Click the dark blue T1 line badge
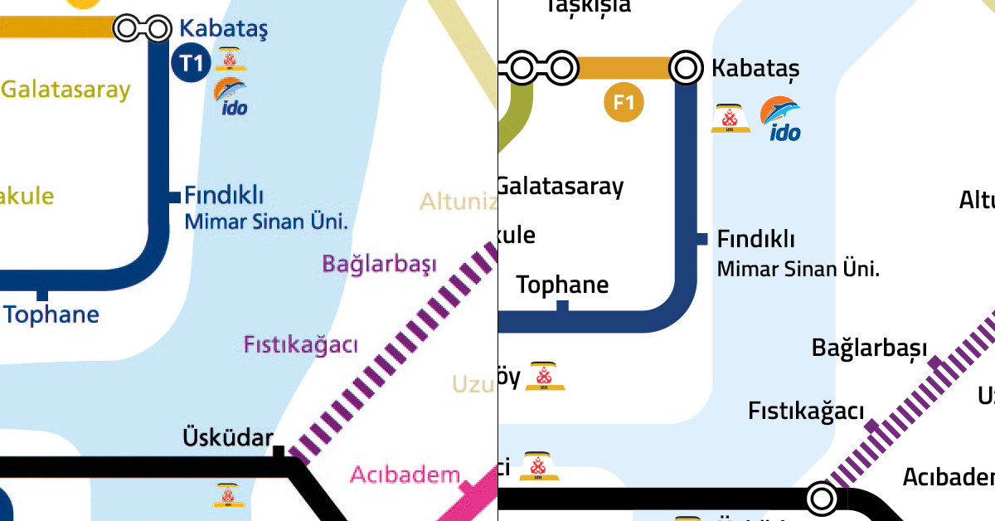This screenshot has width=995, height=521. (x=191, y=65)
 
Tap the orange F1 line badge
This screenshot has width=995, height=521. (x=624, y=103)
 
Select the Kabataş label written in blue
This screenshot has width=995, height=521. (x=224, y=29)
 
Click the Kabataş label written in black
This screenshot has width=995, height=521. (x=755, y=68)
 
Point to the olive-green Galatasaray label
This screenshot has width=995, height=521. (x=66, y=90)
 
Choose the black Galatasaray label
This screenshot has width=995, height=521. (x=561, y=186)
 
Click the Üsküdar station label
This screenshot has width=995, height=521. (x=228, y=437)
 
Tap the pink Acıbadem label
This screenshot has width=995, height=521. (x=405, y=475)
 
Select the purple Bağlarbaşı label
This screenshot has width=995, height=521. (x=379, y=265)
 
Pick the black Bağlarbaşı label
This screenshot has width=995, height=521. (x=869, y=348)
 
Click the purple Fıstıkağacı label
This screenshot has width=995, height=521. (x=300, y=344)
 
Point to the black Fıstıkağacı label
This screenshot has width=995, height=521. (x=806, y=411)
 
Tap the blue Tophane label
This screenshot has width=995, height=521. (x=51, y=314)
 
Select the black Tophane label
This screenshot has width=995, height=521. (x=562, y=285)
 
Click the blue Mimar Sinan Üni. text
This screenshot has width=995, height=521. (x=265, y=222)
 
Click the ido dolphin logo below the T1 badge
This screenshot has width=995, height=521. (x=231, y=95)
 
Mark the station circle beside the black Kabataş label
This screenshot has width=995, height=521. (x=686, y=67)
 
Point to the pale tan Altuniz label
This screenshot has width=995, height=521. (x=452, y=201)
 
